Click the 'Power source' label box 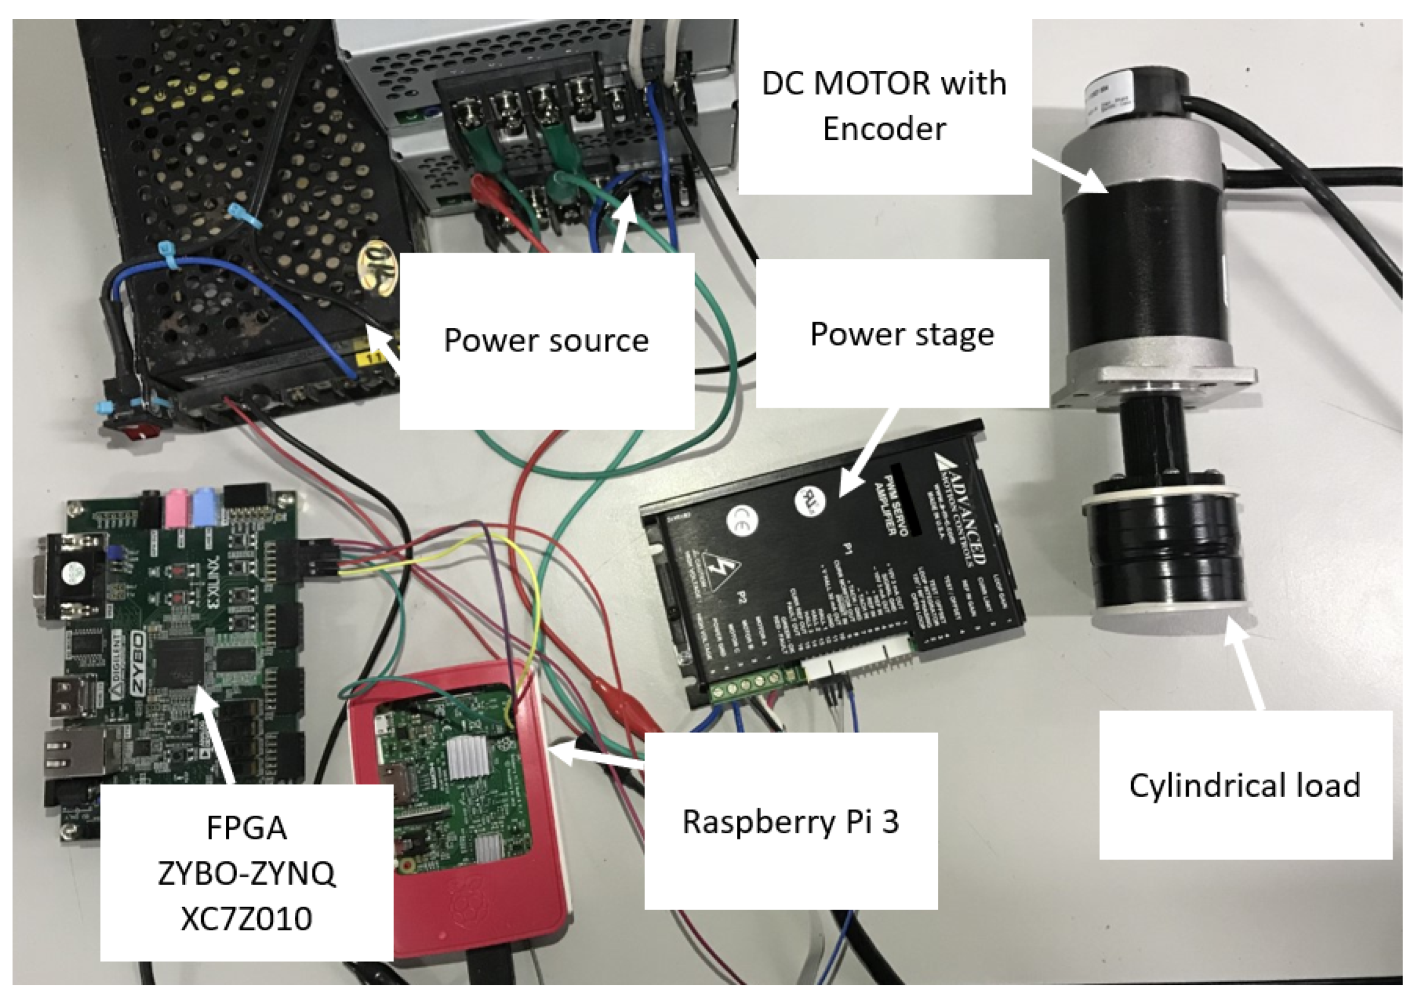point(546,341)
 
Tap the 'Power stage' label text point(901,334)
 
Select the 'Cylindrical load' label point(1245,785)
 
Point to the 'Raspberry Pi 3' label point(790,822)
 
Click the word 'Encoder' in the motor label point(884,129)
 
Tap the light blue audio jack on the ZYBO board point(205,502)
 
